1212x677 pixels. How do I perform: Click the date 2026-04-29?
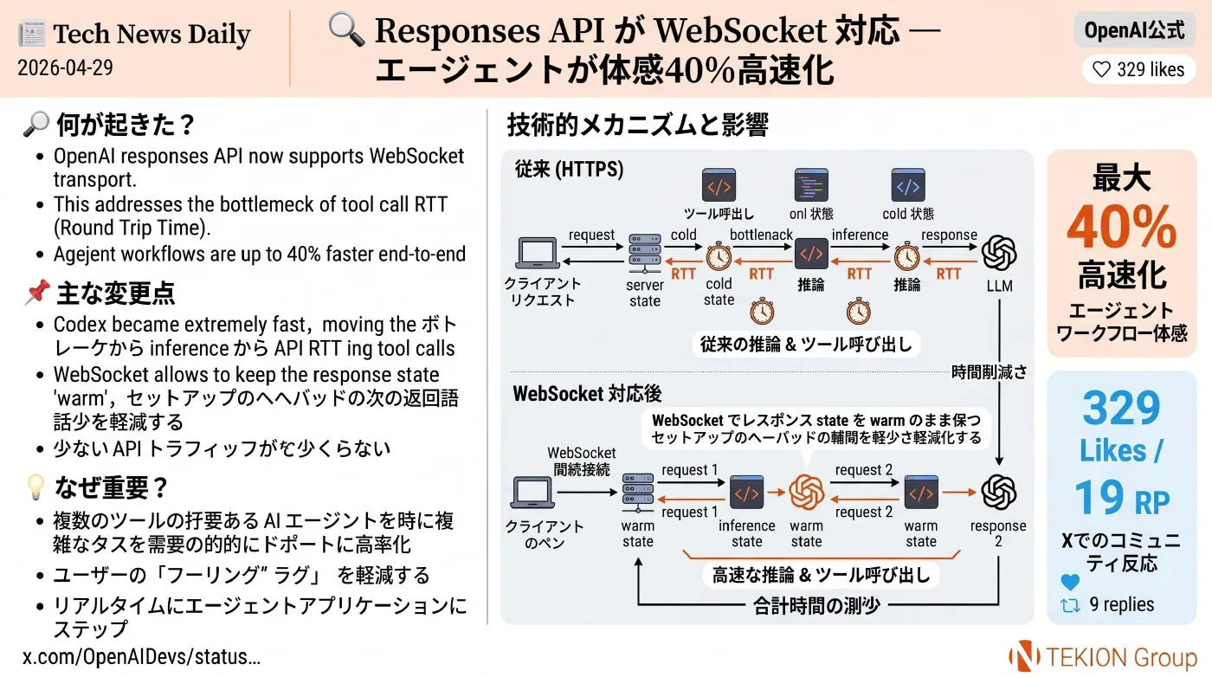pyautogui.click(x=65, y=68)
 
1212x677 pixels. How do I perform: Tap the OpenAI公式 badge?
pyautogui.click(x=1134, y=30)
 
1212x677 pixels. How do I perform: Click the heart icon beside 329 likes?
pyautogui.click(x=1101, y=69)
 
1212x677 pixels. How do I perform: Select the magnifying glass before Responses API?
pyautogui.click(x=346, y=29)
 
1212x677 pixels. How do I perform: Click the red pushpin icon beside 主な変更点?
pyautogui.click(x=37, y=293)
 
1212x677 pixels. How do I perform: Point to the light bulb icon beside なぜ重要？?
pyautogui.click(x=35, y=487)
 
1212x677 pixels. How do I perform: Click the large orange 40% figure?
pyautogui.click(x=1121, y=228)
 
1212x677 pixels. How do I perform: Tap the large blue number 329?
pyautogui.click(x=1121, y=408)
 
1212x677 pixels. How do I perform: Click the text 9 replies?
pyautogui.click(x=1122, y=604)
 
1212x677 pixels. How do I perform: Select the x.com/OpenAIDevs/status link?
pyautogui.click(x=142, y=656)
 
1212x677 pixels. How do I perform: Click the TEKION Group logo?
pyautogui.click(x=1103, y=657)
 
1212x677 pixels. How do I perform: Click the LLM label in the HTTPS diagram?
pyautogui.click(x=999, y=286)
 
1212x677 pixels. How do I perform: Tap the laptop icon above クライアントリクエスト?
pyautogui.click(x=538, y=253)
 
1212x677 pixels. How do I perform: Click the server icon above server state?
pyautogui.click(x=644, y=255)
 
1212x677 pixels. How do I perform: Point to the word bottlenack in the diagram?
pyautogui.click(x=761, y=235)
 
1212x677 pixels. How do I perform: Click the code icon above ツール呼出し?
pyautogui.click(x=719, y=185)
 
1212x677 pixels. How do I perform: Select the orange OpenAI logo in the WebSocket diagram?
pyautogui.click(x=806, y=493)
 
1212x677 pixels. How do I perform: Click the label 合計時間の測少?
pyautogui.click(x=816, y=606)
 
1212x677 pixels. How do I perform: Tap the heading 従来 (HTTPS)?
pyautogui.click(x=570, y=170)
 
